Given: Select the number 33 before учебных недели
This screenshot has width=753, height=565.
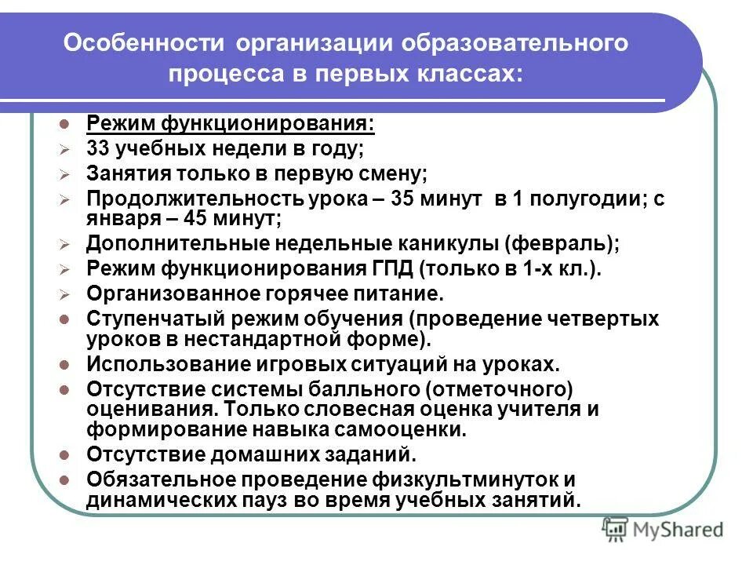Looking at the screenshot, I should click(x=98, y=148).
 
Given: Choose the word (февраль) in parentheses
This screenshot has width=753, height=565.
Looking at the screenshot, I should click(x=566, y=243).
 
